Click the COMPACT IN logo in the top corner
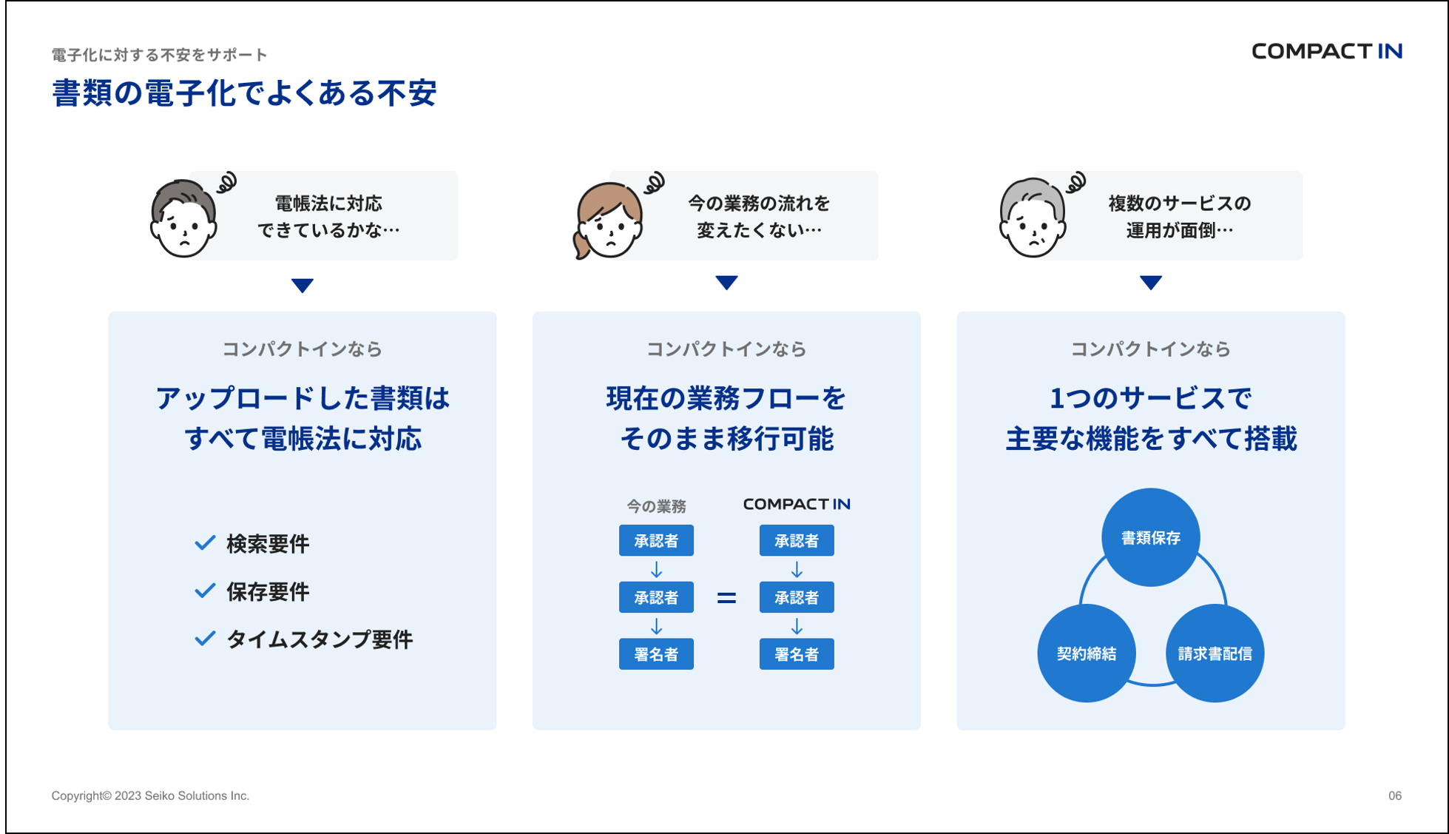pyautogui.click(x=1326, y=51)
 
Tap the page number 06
pyautogui.click(x=1394, y=796)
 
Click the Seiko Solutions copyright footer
pyautogui.click(x=150, y=796)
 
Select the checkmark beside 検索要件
pyautogui.click(x=205, y=543)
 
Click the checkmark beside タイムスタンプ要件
pyautogui.click(x=205, y=639)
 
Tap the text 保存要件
pyautogui.click(x=268, y=591)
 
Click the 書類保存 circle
pyautogui.click(x=1150, y=537)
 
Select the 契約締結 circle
pyautogui.click(x=1086, y=653)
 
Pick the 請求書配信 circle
pyautogui.click(x=1215, y=653)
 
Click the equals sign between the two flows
pyautogui.click(x=726, y=598)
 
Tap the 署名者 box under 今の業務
pyautogui.click(x=656, y=654)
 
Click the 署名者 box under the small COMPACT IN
pyautogui.click(x=797, y=654)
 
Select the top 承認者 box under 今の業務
pyautogui.click(x=656, y=540)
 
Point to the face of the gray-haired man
pyautogui.click(x=1033, y=224)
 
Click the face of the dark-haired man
pyautogui.click(x=183, y=224)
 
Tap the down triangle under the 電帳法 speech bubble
pyautogui.click(x=302, y=285)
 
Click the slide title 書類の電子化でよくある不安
pyautogui.click(x=244, y=93)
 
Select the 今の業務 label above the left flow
pyautogui.click(x=656, y=506)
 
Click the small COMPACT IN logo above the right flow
pyautogui.click(x=797, y=504)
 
